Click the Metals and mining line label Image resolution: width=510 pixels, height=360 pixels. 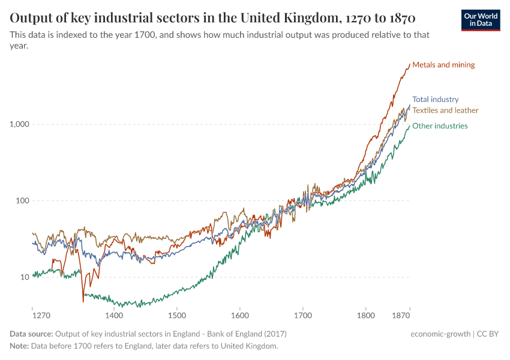click(x=443, y=65)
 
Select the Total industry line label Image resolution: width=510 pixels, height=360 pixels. click(x=435, y=100)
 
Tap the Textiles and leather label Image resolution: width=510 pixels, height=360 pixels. click(x=445, y=110)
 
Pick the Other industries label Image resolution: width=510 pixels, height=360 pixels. click(x=440, y=126)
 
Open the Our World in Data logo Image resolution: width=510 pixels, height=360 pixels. click(x=480, y=20)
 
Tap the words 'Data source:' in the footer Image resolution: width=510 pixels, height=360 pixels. click(x=31, y=334)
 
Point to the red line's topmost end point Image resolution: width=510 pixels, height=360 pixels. click(x=410, y=64)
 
